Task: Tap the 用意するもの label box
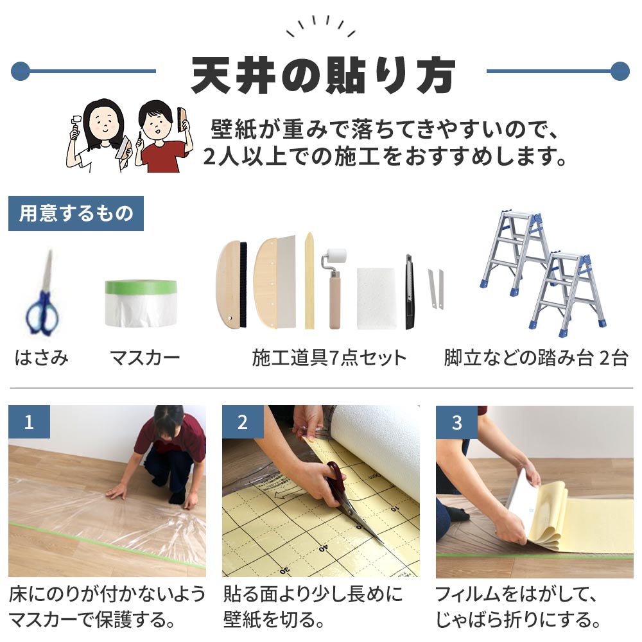[76, 213]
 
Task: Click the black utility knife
[409, 292]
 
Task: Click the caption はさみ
[42, 358]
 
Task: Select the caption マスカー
[144, 358]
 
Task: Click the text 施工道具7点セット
[329, 358]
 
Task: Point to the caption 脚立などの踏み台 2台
[535, 358]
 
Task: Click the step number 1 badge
[29, 422]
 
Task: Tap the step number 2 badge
[243, 422]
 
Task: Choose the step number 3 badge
[456, 422]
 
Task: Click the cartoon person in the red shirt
[160, 138]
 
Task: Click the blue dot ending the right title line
[620, 71]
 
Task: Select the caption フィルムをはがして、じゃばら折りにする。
[519, 607]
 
